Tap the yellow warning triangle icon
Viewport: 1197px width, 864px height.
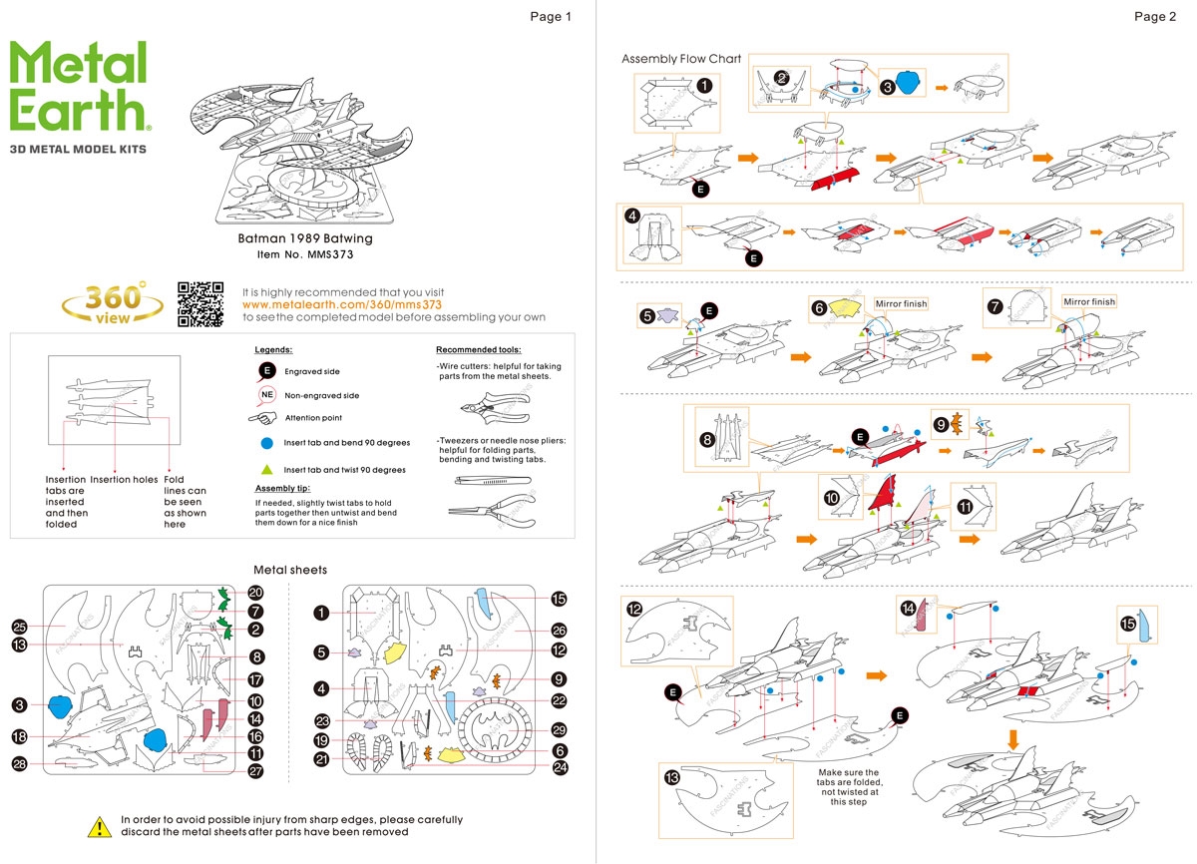click(100, 826)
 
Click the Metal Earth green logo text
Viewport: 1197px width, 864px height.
click(80, 87)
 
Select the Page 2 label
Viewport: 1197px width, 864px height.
click(1155, 16)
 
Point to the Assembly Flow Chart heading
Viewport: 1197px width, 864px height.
click(681, 59)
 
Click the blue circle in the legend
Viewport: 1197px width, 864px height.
click(266, 442)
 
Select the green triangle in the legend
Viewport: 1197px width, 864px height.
click(266, 469)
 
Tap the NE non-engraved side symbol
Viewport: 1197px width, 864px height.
click(266, 395)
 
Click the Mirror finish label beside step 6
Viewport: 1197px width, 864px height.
click(901, 303)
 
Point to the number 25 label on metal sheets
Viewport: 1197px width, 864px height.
click(18, 627)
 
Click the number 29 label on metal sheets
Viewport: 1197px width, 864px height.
click(559, 729)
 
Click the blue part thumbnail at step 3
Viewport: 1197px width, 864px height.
click(907, 83)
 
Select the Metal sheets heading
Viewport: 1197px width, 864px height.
click(290, 570)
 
